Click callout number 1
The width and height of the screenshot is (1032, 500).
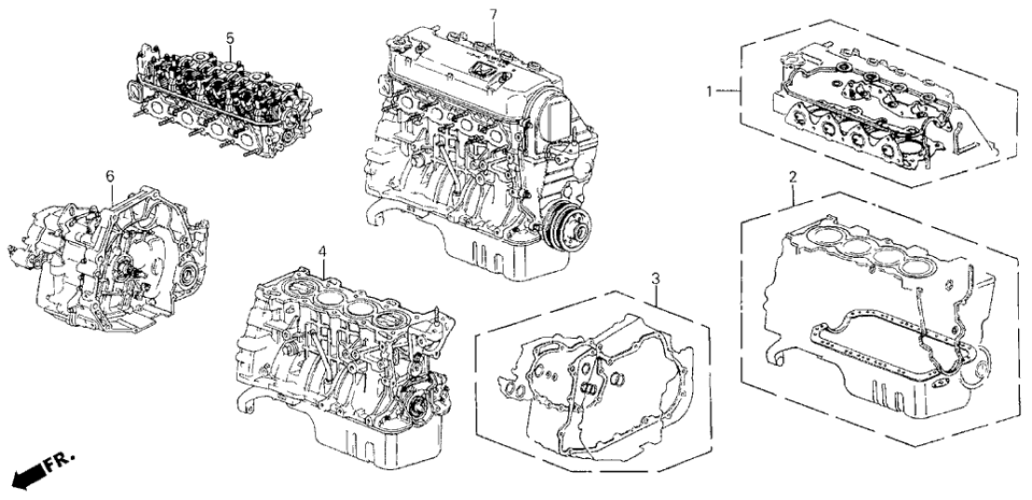click(x=710, y=91)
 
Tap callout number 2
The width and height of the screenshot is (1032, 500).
click(x=792, y=177)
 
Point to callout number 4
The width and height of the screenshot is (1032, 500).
click(x=321, y=251)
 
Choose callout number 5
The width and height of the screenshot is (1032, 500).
click(x=229, y=38)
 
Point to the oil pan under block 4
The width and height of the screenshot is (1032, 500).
click(x=373, y=447)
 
